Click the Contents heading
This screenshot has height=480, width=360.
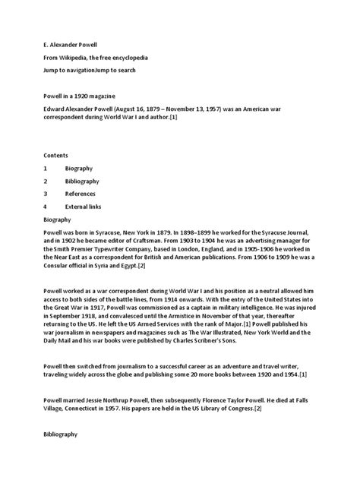(57, 152)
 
